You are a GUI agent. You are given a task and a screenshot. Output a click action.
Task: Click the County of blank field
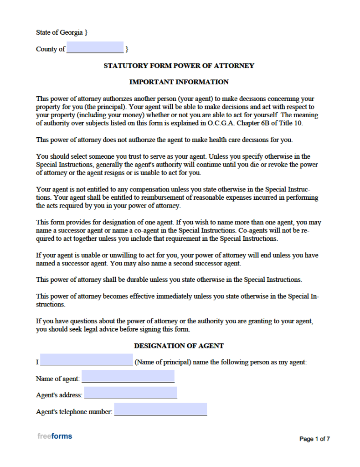[x=95, y=47]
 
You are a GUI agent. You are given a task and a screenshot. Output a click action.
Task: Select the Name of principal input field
[x=87, y=360]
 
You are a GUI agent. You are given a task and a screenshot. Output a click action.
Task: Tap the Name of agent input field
[x=128, y=376]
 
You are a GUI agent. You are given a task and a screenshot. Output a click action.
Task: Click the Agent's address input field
[x=131, y=393]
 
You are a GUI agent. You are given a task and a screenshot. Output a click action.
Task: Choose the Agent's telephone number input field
[x=160, y=409]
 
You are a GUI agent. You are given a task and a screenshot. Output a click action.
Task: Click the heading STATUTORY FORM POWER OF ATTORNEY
[x=179, y=66]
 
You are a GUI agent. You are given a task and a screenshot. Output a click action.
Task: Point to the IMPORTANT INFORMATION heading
[x=179, y=82]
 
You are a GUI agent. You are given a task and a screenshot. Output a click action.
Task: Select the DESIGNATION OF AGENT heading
[x=179, y=346]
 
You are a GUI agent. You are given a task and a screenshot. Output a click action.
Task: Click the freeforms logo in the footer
[x=55, y=436]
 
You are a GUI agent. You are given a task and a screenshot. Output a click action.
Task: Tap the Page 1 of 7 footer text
[x=314, y=439]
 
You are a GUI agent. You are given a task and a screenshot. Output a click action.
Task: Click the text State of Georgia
[x=60, y=32]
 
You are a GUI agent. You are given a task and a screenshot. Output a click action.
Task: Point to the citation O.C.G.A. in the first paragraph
[x=221, y=124]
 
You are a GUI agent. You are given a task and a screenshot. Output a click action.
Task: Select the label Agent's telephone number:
[x=74, y=412]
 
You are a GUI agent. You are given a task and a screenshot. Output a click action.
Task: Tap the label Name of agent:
[x=58, y=379]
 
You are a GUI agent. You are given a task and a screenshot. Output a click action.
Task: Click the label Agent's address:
[x=59, y=395]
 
